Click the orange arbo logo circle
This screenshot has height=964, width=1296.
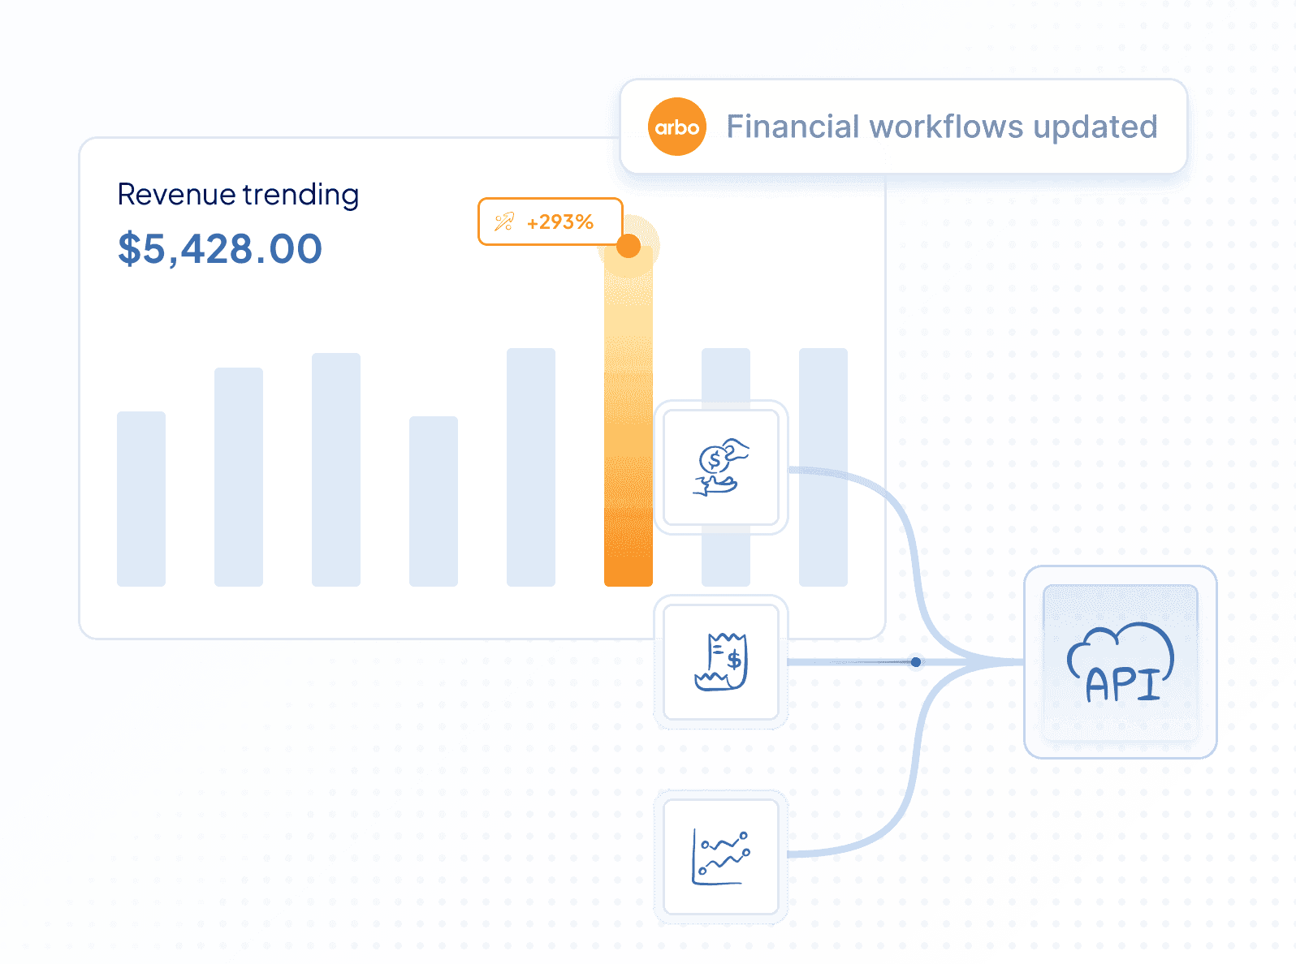point(676,127)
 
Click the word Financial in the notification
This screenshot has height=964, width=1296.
point(793,127)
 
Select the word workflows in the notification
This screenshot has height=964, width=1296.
point(946,127)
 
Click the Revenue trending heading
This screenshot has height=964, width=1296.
point(238,195)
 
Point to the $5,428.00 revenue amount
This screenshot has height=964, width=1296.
point(220,249)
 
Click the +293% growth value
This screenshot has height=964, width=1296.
point(559,222)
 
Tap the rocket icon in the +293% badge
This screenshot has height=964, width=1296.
point(503,222)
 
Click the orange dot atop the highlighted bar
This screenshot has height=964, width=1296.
point(629,246)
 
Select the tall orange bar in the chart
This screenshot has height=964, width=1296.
point(629,415)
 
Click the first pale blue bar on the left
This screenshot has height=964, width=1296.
point(141,499)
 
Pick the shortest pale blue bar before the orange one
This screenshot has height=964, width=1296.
point(434,501)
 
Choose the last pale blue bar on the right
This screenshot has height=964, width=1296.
point(823,467)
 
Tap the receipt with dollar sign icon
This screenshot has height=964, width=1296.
point(721,661)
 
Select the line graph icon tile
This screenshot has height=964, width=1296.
point(721,857)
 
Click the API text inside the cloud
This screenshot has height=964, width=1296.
point(1122,684)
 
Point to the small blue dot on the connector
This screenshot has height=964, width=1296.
point(916,661)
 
